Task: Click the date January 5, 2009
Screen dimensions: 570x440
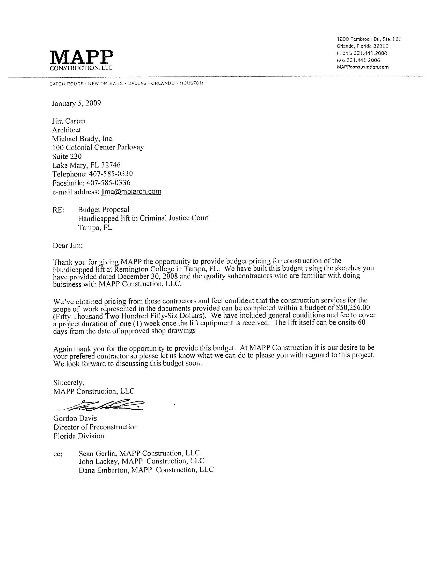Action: pyautogui.click(x=76, y=103)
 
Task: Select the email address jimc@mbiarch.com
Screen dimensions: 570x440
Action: pyautogui.click(x=131, y=192)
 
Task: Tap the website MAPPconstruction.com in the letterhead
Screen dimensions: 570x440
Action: pyautogui.click(x=363, y=67)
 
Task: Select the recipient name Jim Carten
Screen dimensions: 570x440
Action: pyautogui.click(x=69, y=121)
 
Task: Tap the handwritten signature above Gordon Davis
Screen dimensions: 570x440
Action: pyautogui.click(x=102, y=405)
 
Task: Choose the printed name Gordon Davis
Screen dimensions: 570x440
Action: pyautogui.click(x=75, y=418)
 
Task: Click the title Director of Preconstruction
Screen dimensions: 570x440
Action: pyautogui.click(x=96, y=427)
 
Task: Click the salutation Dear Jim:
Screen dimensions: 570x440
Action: pyautogui.click(x=68, y=246)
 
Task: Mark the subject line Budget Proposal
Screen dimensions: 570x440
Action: pyautogui.click(x=104, y=210)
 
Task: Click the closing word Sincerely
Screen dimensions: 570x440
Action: pyautogui.click(x=69, y=383)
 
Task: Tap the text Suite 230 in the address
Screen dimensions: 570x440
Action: pyautogui.click(x=67, y=156)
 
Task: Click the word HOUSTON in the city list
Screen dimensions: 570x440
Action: pyautogui.click(x=191, y=83)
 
